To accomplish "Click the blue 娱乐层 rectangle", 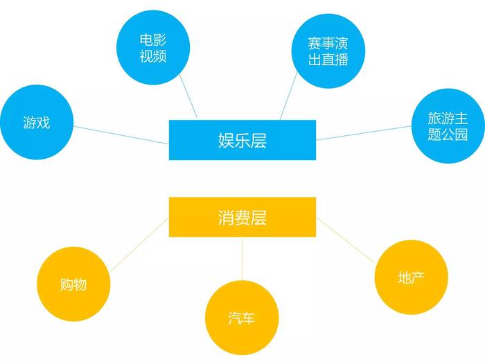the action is point(242,140).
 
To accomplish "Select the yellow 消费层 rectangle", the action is point(242,217).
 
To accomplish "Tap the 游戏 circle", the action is point(37,122).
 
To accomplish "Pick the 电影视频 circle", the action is point(153,48).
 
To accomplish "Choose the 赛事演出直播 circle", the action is point(328,51).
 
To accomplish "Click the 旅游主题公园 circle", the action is point(448,126).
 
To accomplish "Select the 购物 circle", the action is point(73,284).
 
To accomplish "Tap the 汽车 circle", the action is point(242,318).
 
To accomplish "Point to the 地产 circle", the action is point(411,277).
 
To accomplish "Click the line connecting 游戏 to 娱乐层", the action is point(121,135).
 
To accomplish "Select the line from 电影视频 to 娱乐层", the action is point(188,96).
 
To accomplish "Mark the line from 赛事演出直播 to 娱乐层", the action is point(288,96).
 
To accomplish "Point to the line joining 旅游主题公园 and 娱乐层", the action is point(364,133).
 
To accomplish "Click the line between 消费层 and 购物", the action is point(139,245).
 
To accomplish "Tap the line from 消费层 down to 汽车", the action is point(242,259).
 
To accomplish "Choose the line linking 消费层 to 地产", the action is point(346,240).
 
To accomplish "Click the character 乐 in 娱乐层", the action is point(242,140).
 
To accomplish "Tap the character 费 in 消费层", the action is point(242,217).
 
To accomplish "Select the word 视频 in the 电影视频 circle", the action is point(153,56).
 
